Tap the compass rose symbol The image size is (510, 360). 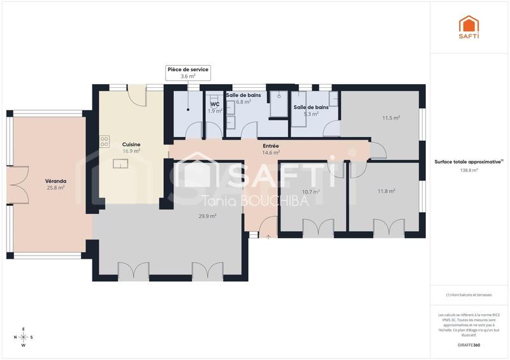(x=24, y=337)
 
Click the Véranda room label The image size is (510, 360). (x=55, y=180)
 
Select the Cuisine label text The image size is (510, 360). (x=131, y=145)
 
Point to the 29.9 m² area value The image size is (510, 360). (x=207, y=216)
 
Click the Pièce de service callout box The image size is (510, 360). (x=187, y=72)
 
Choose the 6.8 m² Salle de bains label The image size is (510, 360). (x=243, y=98)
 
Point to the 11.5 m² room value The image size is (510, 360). (x=391, y=118)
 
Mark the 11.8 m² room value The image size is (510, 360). (x=386, y=191)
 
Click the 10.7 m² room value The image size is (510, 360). (x=310, y=191)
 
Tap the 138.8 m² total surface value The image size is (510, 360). (x=469, y=170)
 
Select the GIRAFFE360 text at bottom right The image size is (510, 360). (x=469, y=345)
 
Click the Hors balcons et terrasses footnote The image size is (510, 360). (x=469, y=294)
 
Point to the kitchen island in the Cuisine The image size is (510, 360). (x=120, y=164)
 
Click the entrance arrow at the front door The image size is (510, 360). (x=268, y=237)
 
